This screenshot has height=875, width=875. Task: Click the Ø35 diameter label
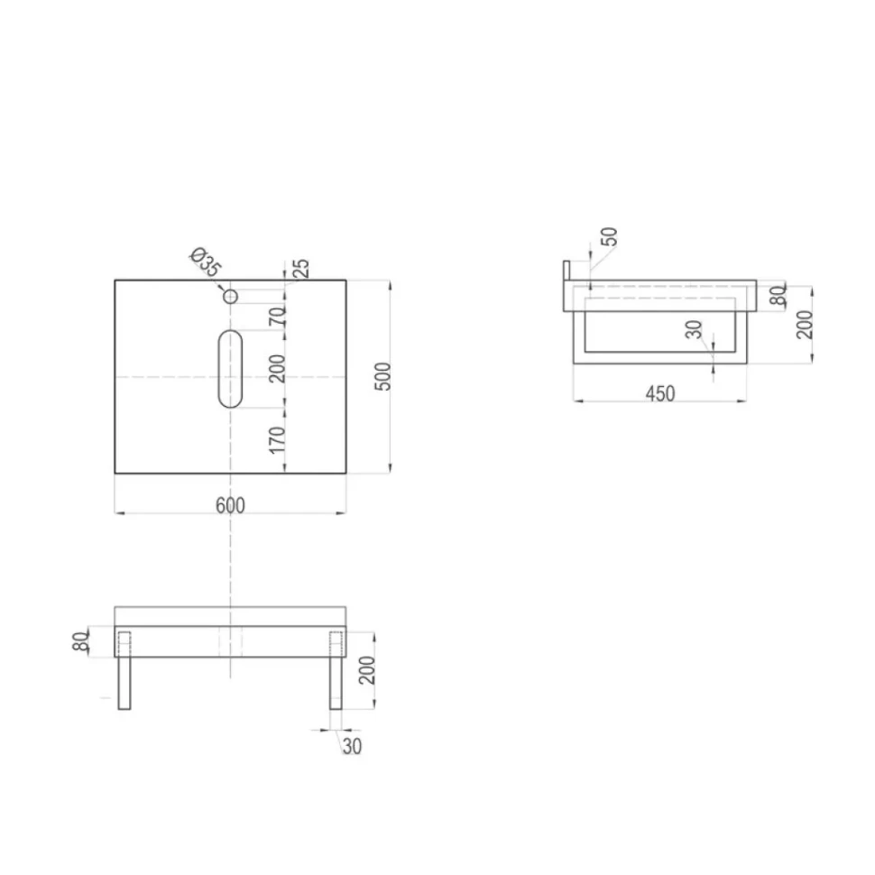[x=206, y=262]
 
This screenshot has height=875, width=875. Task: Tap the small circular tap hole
[x=230, y=297]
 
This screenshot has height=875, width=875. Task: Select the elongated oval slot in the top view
[x=230, y=368]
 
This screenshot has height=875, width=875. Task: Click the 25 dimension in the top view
[x=300, y=269]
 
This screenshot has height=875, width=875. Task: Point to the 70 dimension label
[x=277, y=317]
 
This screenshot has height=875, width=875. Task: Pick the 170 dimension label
[x=277, y=440]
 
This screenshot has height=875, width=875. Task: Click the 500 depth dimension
[x=382, y=377]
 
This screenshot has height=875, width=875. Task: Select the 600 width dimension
[x=230, y=505]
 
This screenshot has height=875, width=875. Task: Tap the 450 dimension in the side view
[x=660, y=393]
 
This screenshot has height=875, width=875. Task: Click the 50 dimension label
[x=609, y=236]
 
